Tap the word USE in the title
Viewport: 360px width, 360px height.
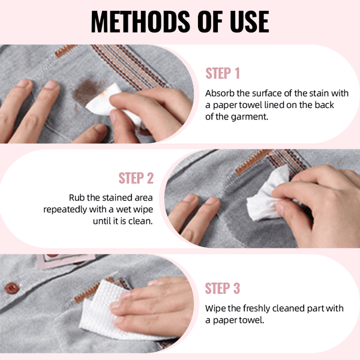click(x=245, y=22)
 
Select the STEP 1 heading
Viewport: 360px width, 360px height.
click(x=223, y=74)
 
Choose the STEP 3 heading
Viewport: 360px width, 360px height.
click(x=223, y=288)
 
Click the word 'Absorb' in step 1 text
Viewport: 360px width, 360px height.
click(x=220, y=94)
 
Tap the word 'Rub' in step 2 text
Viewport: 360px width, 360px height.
click(x=76, y=197)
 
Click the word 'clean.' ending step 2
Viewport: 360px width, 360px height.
click(x=141, y=221)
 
